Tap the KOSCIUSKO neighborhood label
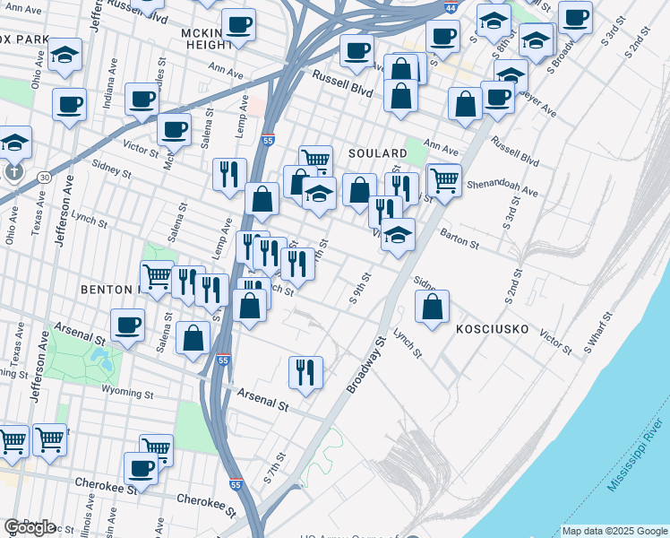(493, 329)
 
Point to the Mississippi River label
(637, 456)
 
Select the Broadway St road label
(367, 365)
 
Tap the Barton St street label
(460, 239)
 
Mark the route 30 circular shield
(44, 178)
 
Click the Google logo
(30, 526)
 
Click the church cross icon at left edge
(13, 170)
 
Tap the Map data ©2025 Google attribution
(614, 531)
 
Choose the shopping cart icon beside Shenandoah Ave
(443, 180)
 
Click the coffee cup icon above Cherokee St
(141, 467)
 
